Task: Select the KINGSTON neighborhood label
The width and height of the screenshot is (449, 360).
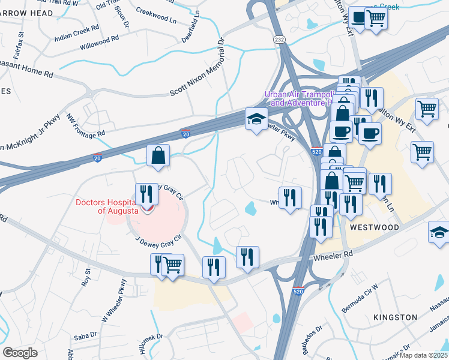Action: coord(395,317)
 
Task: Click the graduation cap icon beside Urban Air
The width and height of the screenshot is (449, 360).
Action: coord(256,119)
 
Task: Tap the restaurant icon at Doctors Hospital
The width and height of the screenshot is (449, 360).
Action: coord(146,194)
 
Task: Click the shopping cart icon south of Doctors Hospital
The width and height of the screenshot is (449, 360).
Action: coord(173,264)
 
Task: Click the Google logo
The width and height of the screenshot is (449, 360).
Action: coord(20,352)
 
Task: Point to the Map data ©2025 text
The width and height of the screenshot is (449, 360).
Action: coord(425,355)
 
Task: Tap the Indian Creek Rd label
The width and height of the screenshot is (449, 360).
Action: coord(76,28)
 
